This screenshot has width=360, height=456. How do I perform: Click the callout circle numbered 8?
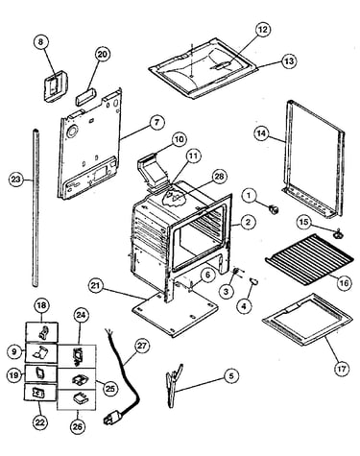[x=40, y=42]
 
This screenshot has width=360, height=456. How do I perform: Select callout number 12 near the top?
[x=262, y=30]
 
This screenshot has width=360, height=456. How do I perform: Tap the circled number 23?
[x=16, y=180]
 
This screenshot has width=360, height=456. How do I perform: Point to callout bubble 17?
[x=342, y=369]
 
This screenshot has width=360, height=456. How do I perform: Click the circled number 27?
[x=142, y=346]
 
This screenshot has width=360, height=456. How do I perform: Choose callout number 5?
[x=231, y=375]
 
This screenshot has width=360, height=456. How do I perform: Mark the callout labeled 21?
[x=97, y=286]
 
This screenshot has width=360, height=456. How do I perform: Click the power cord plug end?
[x=112, y=418]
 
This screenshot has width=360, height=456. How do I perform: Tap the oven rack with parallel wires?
[x=309, y=260]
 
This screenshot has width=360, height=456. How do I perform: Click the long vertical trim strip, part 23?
[x=36, y=207]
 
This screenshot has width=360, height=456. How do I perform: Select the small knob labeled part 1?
[x=274, y=210]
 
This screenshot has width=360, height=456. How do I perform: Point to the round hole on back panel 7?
[x=72, y=132]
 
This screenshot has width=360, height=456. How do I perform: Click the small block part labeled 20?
[x=85, y=96]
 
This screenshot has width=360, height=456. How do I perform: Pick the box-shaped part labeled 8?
[x=55, y=86]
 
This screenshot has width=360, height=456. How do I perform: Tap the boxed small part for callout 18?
[x=42, y=332]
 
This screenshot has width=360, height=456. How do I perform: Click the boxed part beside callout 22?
[x=41, y=392]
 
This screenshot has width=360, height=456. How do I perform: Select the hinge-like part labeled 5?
[x=175, y=386]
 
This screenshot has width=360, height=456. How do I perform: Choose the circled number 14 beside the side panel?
[x=262, y=132]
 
